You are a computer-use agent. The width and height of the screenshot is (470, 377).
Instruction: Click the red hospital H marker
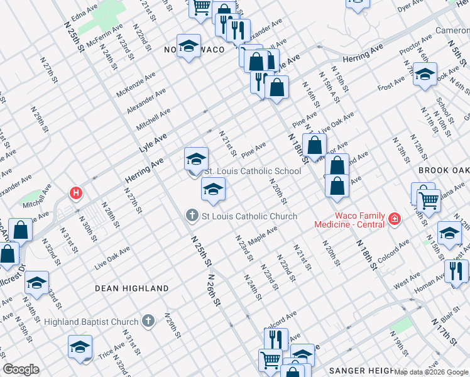[x=76, y=193]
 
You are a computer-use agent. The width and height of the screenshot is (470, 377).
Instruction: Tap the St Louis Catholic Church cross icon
[x=193, y=216]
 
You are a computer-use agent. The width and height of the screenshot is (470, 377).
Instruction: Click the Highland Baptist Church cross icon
[x=148, y=321]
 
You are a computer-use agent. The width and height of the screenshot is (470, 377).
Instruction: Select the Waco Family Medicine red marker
[x=395, y=219]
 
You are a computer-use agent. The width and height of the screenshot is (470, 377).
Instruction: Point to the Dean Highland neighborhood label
[x=131, y=288]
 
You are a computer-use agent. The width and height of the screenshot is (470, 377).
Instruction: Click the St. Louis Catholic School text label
[x=253, y=171]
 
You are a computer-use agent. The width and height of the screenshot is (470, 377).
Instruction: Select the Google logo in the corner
[x=21, y=369]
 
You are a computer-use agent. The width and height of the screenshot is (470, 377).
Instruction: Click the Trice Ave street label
[x=111, y=351]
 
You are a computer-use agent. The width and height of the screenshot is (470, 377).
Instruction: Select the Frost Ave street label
[x=391, y=84]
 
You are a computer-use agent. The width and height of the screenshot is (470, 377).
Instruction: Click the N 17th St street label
[x=444, y=331]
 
